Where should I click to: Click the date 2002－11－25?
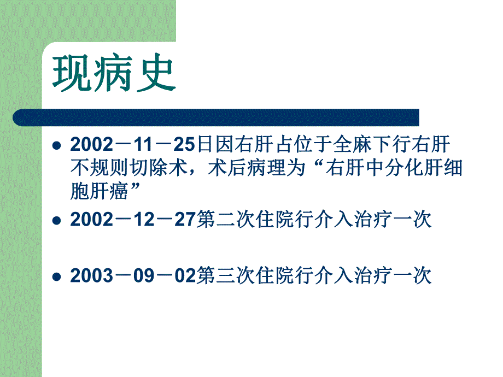(133, 145)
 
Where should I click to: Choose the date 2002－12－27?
(133, 220)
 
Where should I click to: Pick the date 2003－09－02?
(133, 276)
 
